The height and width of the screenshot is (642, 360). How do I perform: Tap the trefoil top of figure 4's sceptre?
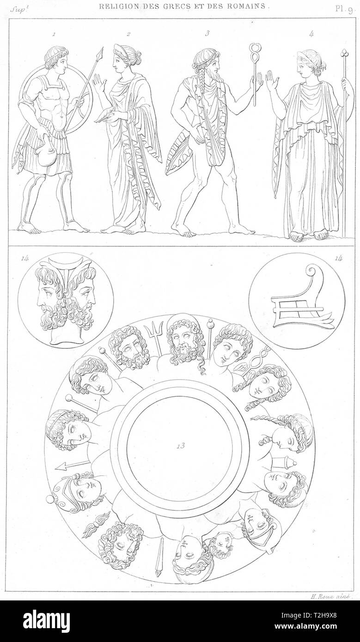[x=343, y=53]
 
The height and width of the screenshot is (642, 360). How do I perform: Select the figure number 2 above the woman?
[x=128, y=34]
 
